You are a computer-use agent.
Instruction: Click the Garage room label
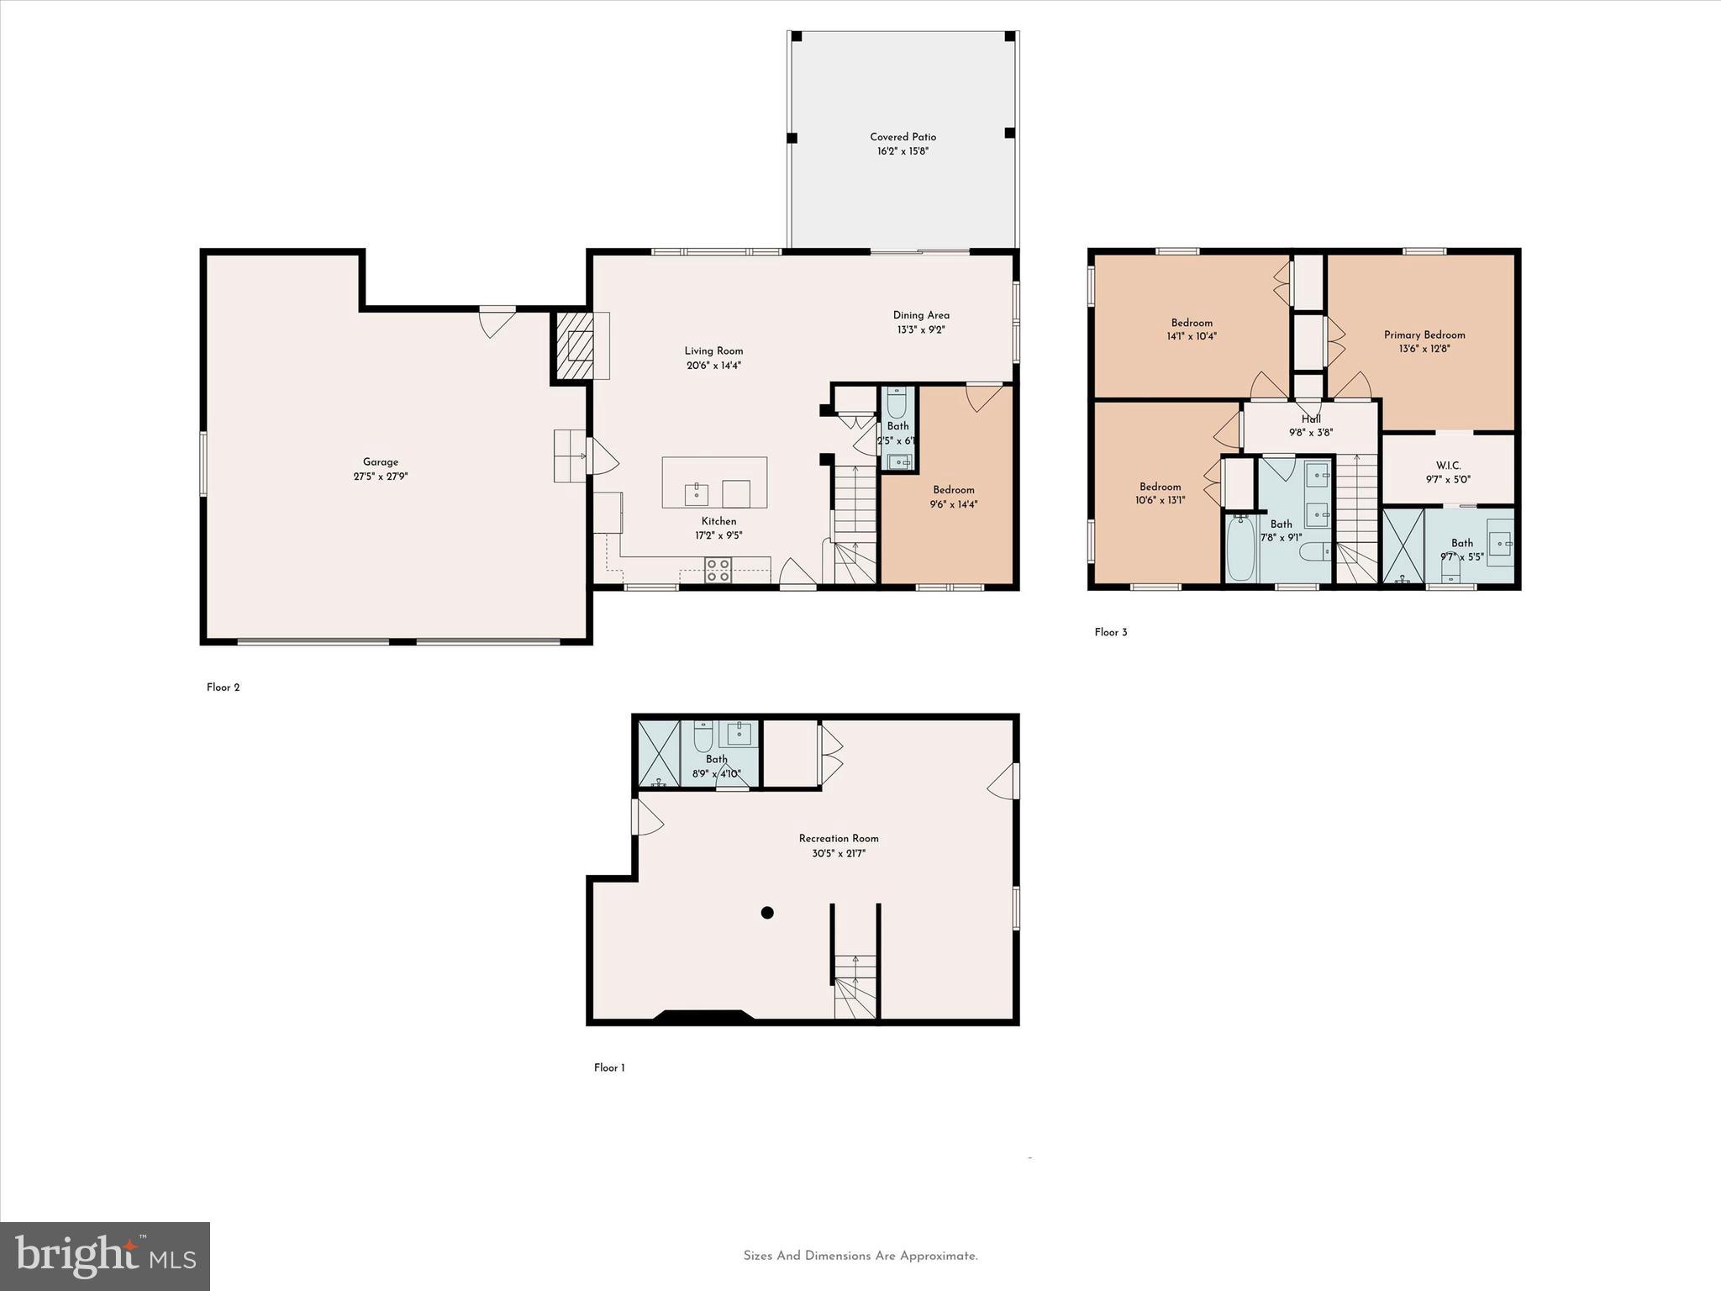point(380,461)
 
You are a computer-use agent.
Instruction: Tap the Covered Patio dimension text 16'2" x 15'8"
point(903,151)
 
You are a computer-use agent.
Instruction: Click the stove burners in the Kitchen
point(718,571)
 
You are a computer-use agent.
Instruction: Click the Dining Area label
point(921,315)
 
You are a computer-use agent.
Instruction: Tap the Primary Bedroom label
point(1424,335)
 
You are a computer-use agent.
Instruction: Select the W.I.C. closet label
point(1448,466)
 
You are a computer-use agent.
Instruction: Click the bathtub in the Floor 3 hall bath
point(1239,548)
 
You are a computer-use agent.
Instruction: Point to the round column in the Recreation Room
point(766,913)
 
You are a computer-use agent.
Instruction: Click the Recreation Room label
point(838,838)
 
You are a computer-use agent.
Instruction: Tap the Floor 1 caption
point(609,1068)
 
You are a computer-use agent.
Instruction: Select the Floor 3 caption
point(1110,633)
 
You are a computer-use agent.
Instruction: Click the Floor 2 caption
point(223,688)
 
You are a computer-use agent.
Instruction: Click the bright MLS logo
point(105,1257)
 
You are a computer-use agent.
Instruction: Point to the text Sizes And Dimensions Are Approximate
point(860,1256)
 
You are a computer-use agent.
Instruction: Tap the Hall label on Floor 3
point(1311,419)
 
